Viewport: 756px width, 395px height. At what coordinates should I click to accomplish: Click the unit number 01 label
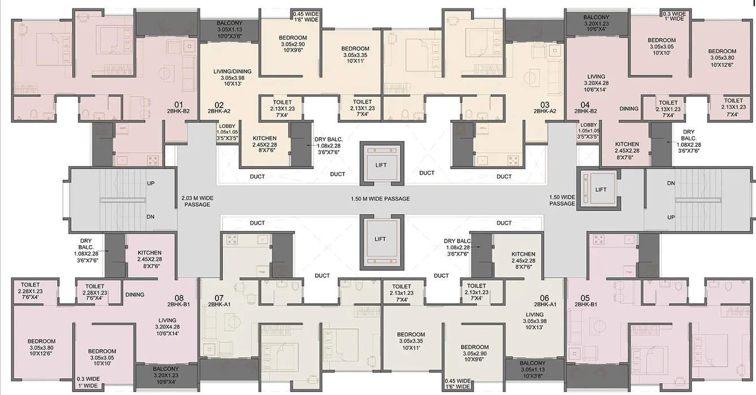178,104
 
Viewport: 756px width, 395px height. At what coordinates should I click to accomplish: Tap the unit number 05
585,298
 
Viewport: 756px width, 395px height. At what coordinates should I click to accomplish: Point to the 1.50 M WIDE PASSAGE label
380,199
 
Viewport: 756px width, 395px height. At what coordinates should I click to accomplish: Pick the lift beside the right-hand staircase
600,190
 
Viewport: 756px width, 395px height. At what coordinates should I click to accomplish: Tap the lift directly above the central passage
380,164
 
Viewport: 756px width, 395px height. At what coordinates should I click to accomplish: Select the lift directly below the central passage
380,239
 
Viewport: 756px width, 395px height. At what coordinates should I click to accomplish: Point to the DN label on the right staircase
671,183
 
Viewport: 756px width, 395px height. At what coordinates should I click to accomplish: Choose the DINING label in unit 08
135,294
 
